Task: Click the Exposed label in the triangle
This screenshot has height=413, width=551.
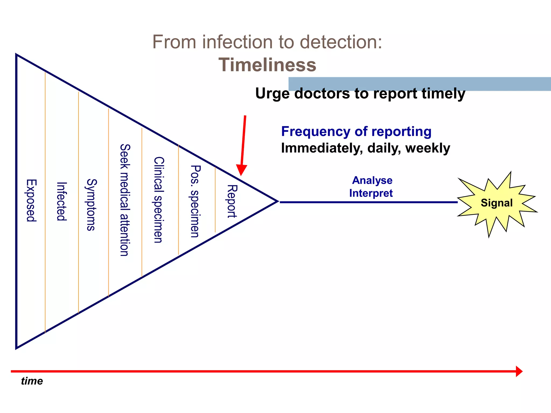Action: (x=31, y=200)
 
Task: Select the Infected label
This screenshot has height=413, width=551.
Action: (x=62, y=201)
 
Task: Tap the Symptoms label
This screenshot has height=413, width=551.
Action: (x=91, y=205)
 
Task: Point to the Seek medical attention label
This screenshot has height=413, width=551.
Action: (x=125, y=200)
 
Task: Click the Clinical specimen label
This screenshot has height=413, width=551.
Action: (x=158, y=200)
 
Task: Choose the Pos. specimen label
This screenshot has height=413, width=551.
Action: (x=195, y=201)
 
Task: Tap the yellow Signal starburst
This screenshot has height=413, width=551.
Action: (x=497, y=203)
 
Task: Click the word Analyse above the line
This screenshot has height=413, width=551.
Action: (x=372, y=180)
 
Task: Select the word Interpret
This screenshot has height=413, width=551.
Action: (x=371, y=193)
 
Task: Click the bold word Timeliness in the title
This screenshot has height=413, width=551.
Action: (x=267, y=65)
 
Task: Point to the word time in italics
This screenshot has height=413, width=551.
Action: (x=32, y=381)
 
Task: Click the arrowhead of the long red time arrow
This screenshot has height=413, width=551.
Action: (x=519, y=371)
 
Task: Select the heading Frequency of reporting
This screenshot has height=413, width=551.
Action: (x=356, y=131)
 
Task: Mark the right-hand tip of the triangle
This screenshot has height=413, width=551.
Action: (x=277, y=201)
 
